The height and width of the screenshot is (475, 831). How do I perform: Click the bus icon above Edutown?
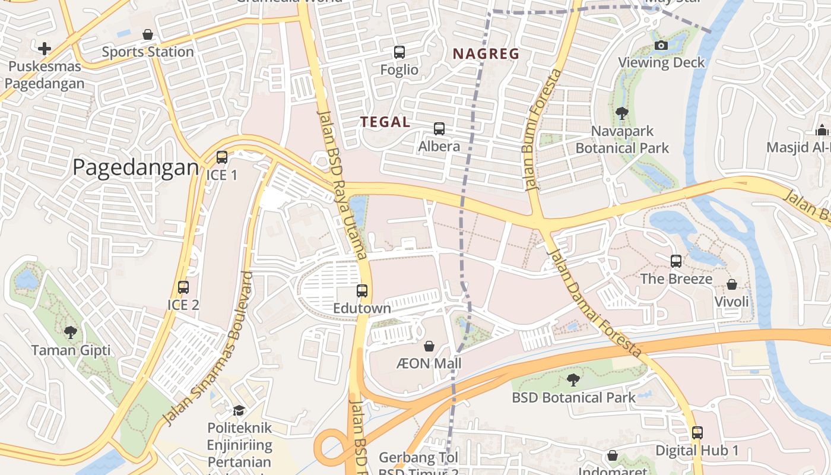(362, 291)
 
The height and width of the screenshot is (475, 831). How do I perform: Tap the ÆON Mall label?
(429, 363)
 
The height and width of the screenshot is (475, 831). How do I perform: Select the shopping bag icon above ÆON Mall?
(429, 346)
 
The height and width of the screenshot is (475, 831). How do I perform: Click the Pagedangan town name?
(135, 168)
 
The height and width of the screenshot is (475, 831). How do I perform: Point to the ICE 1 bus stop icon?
(221, 157)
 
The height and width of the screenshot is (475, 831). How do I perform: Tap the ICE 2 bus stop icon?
(183, 287)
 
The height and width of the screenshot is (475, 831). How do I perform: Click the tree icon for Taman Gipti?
(71, 332)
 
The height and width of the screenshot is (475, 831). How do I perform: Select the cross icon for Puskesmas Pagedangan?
(44, 48)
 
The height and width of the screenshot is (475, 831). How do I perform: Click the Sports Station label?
(148, 52)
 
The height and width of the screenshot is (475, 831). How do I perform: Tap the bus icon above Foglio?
(399, 52)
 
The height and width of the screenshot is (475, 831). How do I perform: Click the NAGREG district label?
(486, 54)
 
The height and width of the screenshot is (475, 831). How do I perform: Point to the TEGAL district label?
(385, 122)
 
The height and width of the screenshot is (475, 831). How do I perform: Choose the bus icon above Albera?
(439, 128)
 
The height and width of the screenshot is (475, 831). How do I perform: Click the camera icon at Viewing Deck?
(661, 45)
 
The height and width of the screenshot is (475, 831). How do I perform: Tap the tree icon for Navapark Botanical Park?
(622, 113)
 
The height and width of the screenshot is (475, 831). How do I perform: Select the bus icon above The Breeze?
(676, 261)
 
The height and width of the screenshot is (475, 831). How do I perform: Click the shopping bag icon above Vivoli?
(732, 284)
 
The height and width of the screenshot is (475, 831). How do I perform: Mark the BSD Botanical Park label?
(573, 397)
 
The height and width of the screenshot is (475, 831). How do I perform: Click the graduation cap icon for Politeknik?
(239, 410)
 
